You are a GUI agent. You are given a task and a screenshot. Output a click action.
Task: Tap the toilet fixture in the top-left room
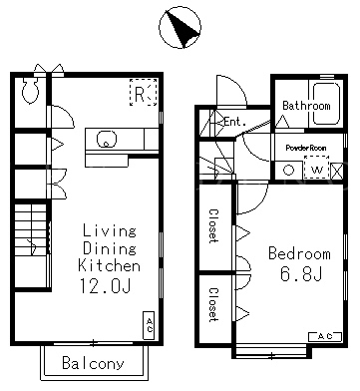pyautogui.click(x=30, y=89)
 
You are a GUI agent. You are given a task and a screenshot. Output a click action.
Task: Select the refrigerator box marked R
pyautogui.click(x=143, y=92)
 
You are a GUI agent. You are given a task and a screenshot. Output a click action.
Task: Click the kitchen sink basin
pyautogui.click(x=107, y=139)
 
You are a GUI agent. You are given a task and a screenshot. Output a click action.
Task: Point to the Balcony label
pyautogui.click(x=93, y=363)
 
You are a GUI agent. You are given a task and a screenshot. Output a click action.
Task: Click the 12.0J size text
pyautogui.click(x=105, y=286)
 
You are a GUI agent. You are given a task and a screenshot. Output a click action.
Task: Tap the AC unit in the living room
pyautogui.click(x=149, y=325)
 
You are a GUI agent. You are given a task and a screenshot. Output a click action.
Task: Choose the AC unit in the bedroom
pyautogui.click(x=325, y=336)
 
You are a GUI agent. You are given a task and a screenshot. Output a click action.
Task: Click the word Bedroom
pyautogui.click(x=299, y=253)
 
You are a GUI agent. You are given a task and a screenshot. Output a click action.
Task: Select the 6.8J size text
pyautogui.click(x=301, y=274)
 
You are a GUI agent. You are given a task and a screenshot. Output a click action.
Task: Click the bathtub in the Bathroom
pyautogui.click(x=326, y=104)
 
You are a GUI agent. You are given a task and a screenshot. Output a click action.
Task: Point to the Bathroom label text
pyautogui.click(x=306, y=106)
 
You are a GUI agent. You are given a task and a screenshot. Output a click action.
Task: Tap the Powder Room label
pyautogui.click(x=306, y=148)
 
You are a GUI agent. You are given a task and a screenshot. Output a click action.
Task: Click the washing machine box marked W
pyautogui.click(x=317, y=170)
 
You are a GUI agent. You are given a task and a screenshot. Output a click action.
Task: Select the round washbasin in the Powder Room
pyautogui.click(x=288, y=171)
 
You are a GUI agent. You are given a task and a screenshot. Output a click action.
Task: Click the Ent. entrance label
pyautogui.click(x=234, y=122)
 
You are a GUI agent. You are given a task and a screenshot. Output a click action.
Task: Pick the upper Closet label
pyautogui.click(x=213, y=226)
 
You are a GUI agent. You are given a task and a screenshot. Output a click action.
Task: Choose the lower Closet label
pyautogui.click(x=213, y=305)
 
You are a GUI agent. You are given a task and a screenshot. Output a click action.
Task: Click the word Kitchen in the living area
pyautogui.click(x=109, y=265)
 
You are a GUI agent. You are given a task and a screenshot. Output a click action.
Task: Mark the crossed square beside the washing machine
pyautogui.click(x=337, y=171)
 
